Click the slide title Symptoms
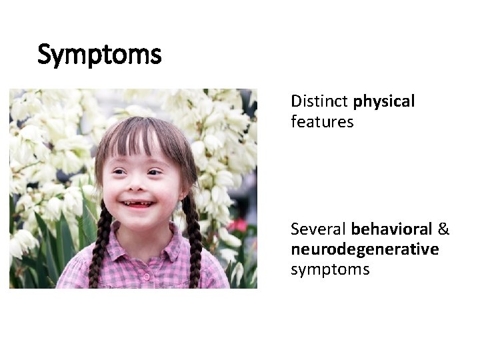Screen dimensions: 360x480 coord(99,55)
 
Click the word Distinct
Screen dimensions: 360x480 coord(320,101)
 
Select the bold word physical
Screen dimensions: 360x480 coord(384,102)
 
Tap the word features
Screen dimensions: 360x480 coord(322,121)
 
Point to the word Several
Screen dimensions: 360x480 coord(319,229)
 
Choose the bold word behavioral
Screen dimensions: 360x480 coord(392,229)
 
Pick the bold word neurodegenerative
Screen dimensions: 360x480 coord(365,249)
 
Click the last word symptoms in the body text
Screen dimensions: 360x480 coord(330,269)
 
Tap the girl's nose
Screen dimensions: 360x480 coord(138,186)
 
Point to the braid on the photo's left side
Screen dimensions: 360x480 coord(102,240)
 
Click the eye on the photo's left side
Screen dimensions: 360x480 coord(119,171)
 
